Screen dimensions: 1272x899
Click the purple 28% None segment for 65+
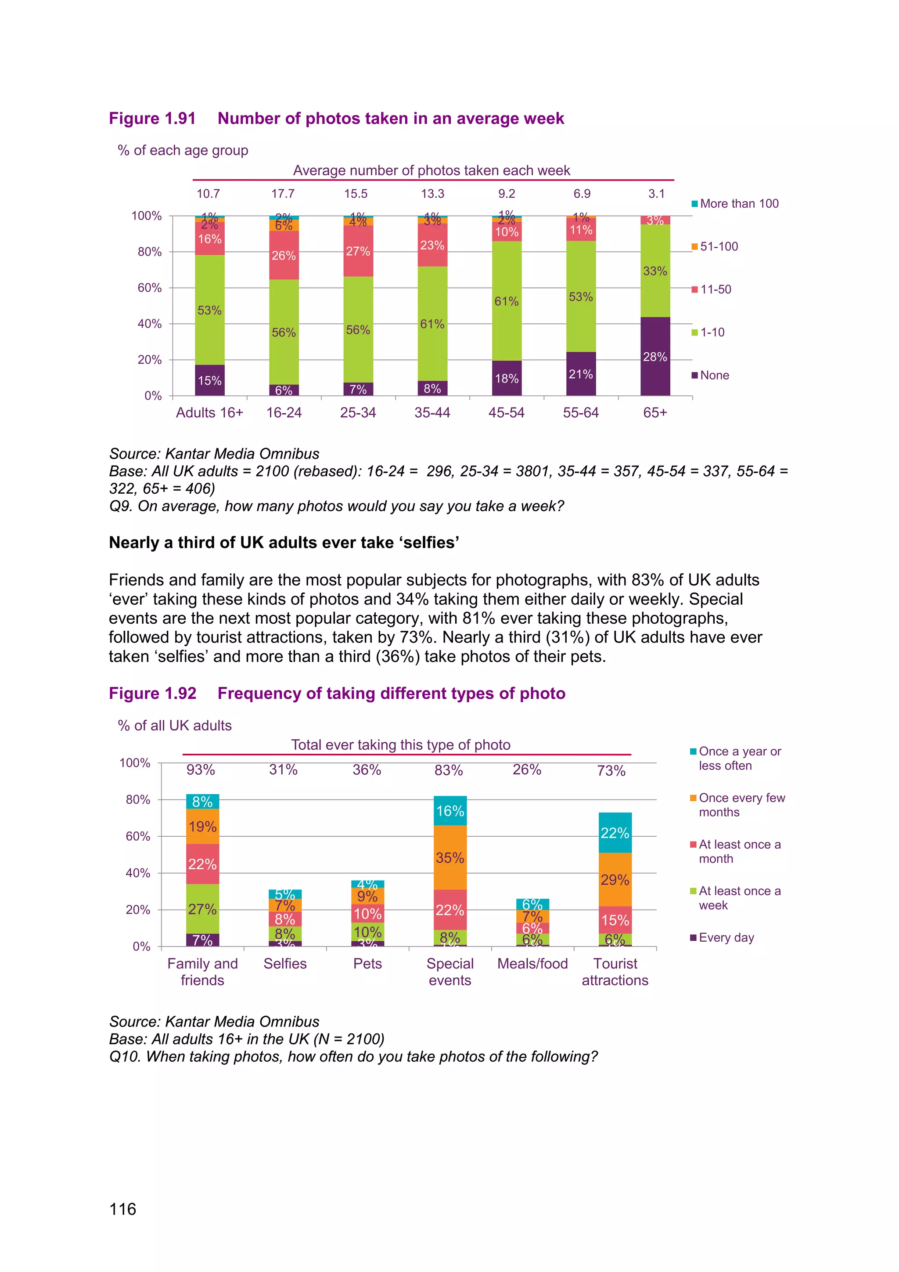click(655, 356)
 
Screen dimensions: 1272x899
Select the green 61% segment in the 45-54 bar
click(507, 301)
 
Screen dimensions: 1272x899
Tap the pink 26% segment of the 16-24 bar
click(284, 255)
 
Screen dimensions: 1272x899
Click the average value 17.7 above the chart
click(283, 194)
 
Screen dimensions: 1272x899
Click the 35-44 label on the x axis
click(432, 413)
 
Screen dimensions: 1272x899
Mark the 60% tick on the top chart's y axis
click(149, 288)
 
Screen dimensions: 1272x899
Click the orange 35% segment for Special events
click(450, 858)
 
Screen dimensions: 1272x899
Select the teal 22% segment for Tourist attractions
click(615, 833)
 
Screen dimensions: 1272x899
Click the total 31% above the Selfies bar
click(284, 770)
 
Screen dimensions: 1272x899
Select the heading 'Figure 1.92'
click(153, 694)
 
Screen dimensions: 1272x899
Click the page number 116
click(123, 1209)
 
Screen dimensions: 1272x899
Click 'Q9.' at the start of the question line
click(121, 506)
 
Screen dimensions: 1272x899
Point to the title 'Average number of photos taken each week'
click(431, 170)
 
